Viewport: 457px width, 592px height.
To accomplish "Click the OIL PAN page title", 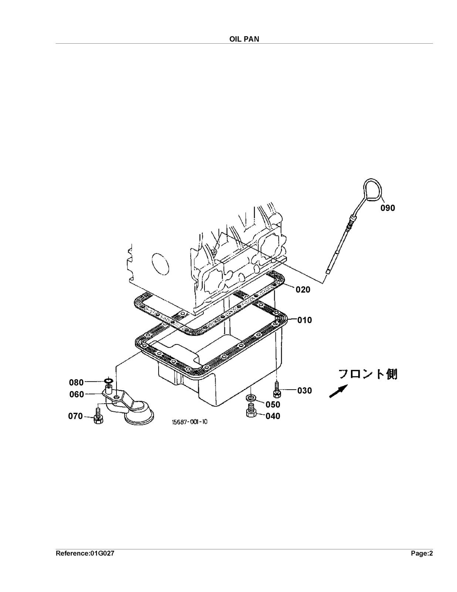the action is pos(244,39).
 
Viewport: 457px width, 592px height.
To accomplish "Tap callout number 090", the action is pos(387,208).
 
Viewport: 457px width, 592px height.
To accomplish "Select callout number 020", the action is pos(303,290).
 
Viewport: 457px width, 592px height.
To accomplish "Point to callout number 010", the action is pos(305,320).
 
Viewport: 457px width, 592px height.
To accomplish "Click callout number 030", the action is pos(305,391).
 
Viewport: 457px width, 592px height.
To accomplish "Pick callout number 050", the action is pos(273,404).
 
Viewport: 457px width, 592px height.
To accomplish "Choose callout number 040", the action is pos(273,416).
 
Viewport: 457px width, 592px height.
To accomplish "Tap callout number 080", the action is pos(77,383).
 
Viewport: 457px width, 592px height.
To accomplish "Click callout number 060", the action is pos(77,394).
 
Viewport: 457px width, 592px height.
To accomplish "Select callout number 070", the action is pos(75,416).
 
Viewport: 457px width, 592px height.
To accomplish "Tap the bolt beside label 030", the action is pos(277,390).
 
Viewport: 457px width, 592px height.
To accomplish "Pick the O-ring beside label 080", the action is pos(108,381).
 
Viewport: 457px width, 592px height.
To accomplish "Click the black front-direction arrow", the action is pos(338,391).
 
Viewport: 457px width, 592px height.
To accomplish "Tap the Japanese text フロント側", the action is pos(368,374).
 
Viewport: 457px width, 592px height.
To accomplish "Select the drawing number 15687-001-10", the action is pos(189,422).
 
